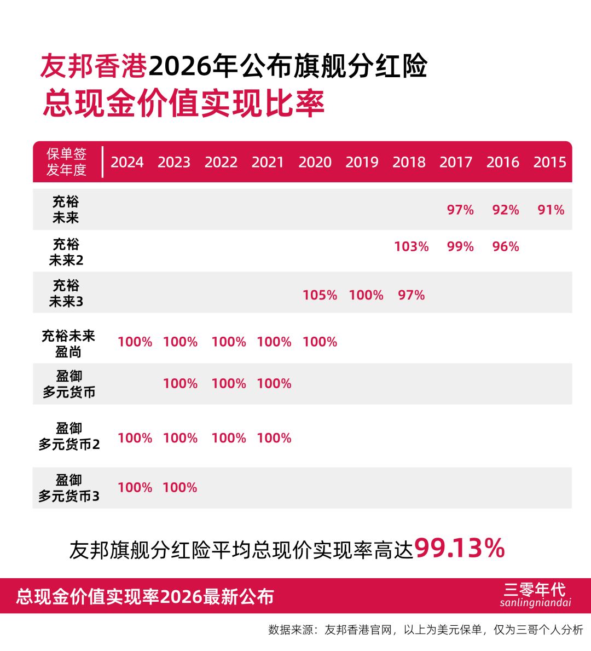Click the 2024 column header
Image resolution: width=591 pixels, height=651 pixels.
tap(127, 162)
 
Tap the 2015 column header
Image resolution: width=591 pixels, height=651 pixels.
tap(549, 162)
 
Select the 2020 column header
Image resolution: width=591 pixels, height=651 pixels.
tap(315, 162)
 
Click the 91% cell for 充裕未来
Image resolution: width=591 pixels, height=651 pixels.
tap(551, 210)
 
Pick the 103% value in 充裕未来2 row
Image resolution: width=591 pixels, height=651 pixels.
tap(412, 246)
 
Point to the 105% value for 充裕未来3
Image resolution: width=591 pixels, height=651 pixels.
tap(320, 295)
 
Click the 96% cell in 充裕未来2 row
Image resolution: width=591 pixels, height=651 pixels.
tap(506, 246)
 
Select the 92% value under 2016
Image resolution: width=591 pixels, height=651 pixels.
tap(506, 210)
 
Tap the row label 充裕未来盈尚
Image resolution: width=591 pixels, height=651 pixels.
tap(68, 344)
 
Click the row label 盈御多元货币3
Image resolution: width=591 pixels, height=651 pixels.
tap(69, 488)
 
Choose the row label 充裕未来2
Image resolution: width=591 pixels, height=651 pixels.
tap(66, 252)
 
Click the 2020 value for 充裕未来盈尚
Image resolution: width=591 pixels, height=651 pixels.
tap(320, 342)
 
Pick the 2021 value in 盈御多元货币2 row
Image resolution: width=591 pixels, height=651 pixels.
tap(274, 438)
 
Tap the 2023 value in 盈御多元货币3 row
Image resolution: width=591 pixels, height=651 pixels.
tap(179, 487)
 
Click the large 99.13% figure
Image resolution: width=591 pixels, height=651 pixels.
tap(460, 548)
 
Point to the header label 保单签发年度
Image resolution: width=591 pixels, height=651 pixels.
tap(66, 162)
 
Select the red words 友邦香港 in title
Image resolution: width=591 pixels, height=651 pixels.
tap(94, 66)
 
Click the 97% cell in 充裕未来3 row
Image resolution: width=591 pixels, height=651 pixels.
tap(412, 295)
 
